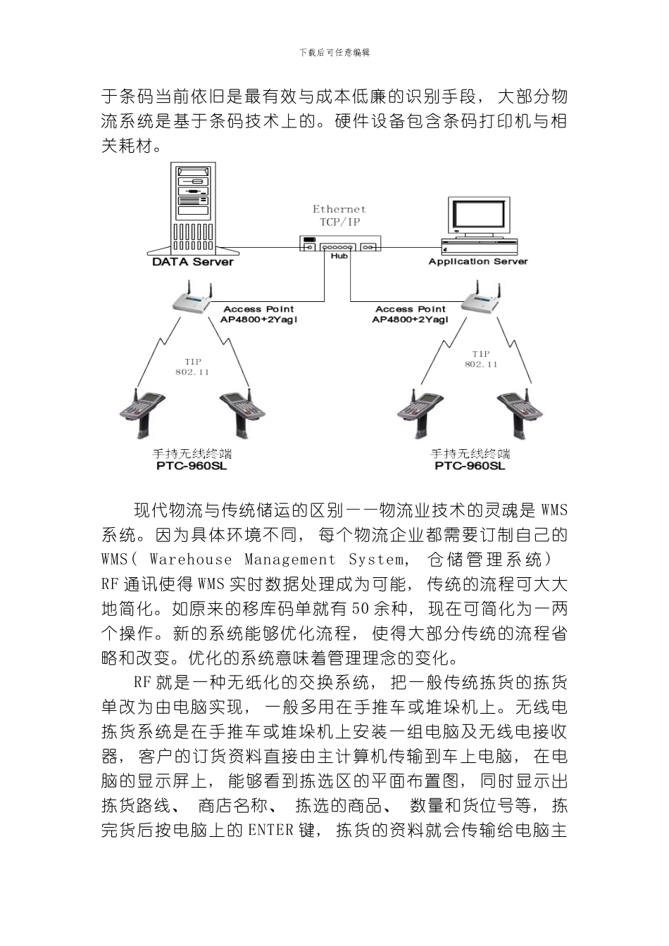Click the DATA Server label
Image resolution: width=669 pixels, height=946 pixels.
192,262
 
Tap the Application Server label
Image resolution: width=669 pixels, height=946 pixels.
477,261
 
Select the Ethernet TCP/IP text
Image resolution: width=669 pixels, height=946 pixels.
339,215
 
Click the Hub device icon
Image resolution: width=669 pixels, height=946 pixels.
339,246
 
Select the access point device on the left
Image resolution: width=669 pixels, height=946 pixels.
191,301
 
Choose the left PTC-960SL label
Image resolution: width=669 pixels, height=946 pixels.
192,466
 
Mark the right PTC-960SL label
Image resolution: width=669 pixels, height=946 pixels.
470,466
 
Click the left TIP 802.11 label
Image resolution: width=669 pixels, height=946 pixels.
192,367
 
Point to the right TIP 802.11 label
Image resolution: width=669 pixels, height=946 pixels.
481,359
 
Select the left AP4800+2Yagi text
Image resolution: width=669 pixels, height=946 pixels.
258,319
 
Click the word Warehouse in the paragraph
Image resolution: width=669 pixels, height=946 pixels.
190,560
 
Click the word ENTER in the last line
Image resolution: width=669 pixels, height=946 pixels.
270,830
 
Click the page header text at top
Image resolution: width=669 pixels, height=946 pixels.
334,53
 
